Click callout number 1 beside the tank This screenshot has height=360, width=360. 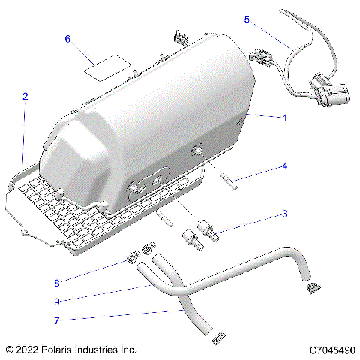pos(284,118)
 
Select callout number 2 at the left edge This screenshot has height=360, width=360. pos(25,96)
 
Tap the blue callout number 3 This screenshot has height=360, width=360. pos(284,214)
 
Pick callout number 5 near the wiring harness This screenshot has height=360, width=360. pos(247,19)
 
